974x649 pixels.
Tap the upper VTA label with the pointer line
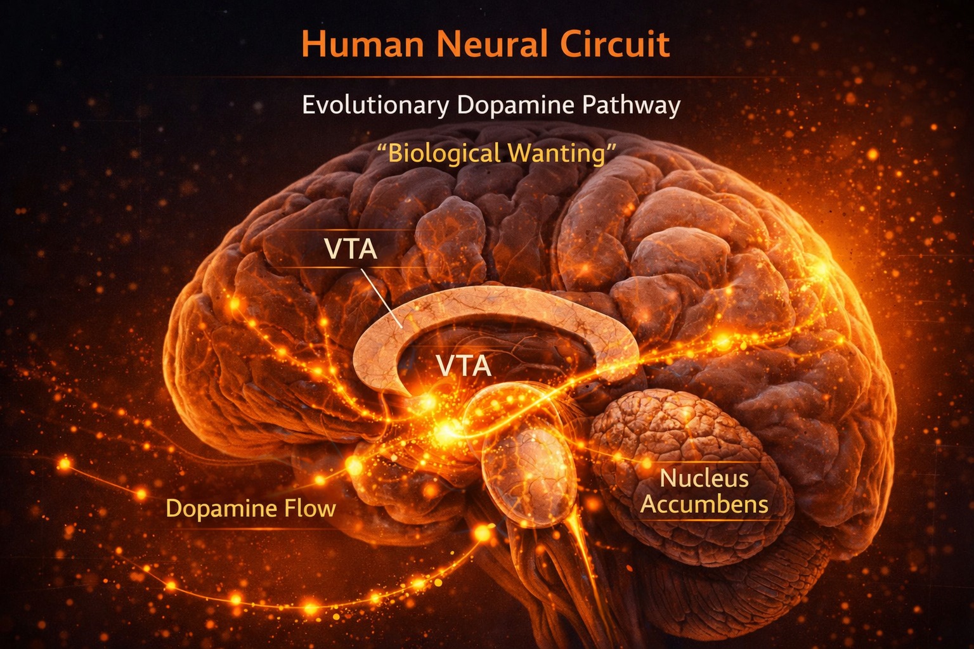(x=351, y=249)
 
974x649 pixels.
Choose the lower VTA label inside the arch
(x=464, y=366)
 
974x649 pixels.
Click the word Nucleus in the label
(x=704, y=478)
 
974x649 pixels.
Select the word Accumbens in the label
(x=704, y=504)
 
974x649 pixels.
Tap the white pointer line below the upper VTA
(x=380, y=298)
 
